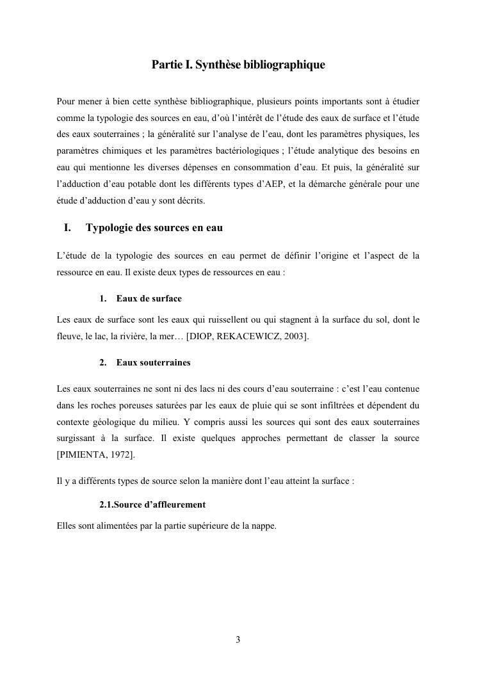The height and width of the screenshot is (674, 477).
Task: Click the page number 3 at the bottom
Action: click(x=238, y=639)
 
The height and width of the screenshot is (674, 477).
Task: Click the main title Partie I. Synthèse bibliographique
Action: click(x=238, y=65)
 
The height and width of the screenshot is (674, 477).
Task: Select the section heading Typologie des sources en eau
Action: click(x=154, y=228)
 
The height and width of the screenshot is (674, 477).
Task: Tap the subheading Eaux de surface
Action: click(x=149, y=298)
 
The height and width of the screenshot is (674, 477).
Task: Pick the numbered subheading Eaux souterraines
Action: click(x=153, y=362)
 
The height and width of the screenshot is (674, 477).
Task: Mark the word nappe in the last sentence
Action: click(x=263, y=527)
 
